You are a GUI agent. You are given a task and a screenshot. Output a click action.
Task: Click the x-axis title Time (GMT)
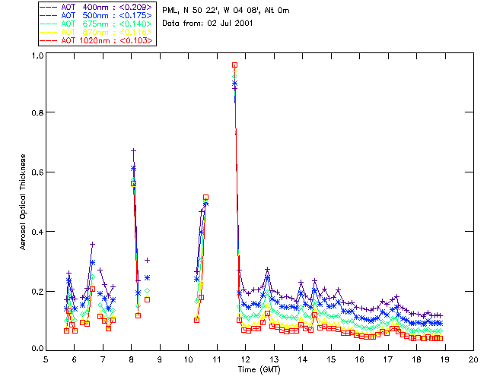[259, 369]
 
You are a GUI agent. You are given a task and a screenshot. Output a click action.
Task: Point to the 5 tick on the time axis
[46, 359]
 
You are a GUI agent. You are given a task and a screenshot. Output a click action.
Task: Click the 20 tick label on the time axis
[473, 359]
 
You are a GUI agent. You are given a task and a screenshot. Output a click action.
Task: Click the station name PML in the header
[171, 10]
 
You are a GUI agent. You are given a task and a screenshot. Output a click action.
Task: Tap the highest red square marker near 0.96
[235, 65]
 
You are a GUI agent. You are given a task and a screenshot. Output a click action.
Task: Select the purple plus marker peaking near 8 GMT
[133, 150]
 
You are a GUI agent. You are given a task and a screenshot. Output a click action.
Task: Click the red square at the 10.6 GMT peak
[205, 197]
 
